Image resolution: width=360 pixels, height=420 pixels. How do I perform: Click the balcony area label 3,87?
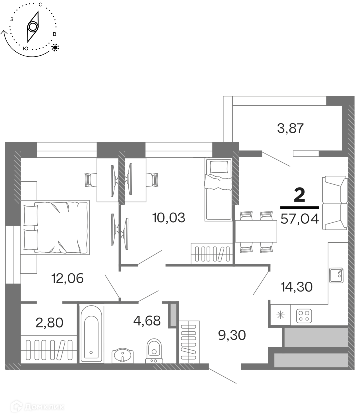(x=290, y=128)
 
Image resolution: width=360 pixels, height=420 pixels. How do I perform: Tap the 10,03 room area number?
(x=169, y=218)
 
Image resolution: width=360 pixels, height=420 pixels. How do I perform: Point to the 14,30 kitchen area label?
(x=297, y=287)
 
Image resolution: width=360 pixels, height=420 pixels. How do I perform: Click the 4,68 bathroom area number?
(x=147, y=320)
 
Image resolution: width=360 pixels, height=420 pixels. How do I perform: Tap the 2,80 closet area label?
(x=49, y=323)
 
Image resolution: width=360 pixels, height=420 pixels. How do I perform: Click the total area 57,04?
(x=300, y=219)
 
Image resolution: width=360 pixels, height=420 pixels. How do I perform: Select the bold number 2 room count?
(x=299, y=195)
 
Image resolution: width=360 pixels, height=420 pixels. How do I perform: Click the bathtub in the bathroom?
(x=91, y=334)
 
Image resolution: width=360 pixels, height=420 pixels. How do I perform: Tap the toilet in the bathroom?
(x=154, y=351)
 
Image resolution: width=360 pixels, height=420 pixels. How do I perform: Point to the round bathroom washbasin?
(x=123, y=356)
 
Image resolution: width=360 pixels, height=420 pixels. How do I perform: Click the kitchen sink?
(x=337, y=275)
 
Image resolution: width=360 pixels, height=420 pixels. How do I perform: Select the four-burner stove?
(x=304, y=316)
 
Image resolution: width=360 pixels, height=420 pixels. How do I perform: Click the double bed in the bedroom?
(x=55, y=227)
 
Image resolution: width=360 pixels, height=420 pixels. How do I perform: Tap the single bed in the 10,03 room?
(x=218, y=189)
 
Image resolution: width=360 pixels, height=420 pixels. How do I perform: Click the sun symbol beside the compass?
(x=55, y=47)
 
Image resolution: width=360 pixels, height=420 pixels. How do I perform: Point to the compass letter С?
(x=40, y=5)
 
